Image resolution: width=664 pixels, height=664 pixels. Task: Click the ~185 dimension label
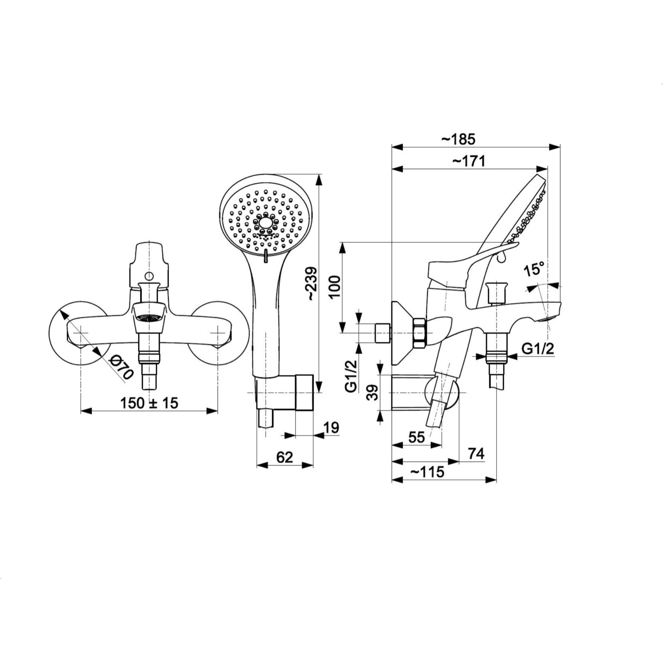[458, 139]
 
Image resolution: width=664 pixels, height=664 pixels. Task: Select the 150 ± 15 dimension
[149, 403]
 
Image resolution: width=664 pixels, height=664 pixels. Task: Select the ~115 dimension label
[427, 472]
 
